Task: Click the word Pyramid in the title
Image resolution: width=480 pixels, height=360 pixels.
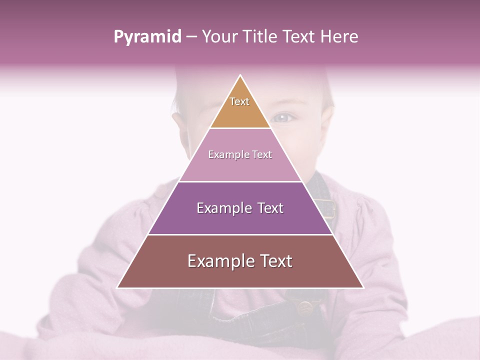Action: point(147,37)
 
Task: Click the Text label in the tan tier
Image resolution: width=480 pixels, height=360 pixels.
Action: point(239,101)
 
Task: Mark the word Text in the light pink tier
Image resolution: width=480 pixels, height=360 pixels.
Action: point(262,155)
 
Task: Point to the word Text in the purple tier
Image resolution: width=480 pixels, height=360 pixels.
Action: point(270,208)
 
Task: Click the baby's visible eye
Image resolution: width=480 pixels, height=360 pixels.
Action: point(283,118)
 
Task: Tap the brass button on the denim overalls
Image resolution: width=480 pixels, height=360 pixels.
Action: point(303,306)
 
